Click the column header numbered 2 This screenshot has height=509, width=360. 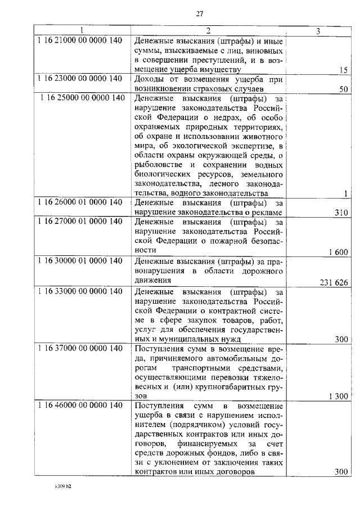coord(208,31)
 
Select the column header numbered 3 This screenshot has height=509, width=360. coord(318,31)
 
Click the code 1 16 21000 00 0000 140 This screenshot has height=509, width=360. coord(80,41)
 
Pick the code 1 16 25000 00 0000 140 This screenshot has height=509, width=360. coord(82,98)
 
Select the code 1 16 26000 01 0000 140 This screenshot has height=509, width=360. coord(80,202)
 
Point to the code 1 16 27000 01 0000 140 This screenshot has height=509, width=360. coord(80,221)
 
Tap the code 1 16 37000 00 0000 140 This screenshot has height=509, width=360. coord(80,348)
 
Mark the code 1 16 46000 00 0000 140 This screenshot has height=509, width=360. coord(80,405)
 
